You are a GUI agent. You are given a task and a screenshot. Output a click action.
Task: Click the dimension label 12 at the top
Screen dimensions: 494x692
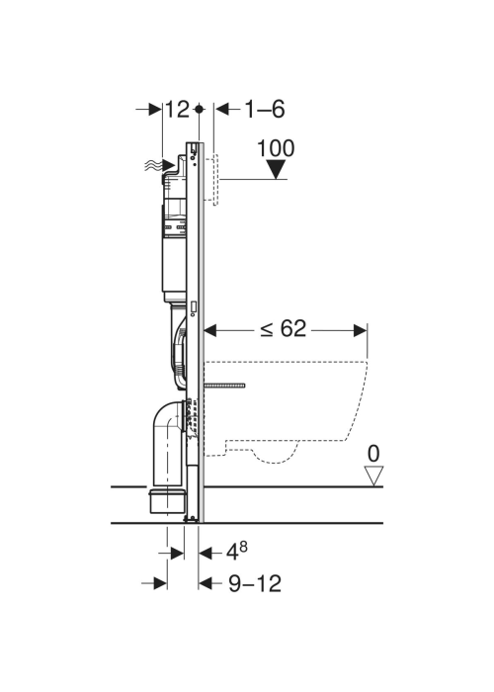[x=177, y=110]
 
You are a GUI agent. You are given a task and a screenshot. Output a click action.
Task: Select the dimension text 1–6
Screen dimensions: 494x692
[x=265, y=110]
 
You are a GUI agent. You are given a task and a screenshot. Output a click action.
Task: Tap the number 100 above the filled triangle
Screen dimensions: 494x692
[x=276, y=148]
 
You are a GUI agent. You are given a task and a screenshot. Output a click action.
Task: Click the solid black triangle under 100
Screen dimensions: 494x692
[x=276, y=169]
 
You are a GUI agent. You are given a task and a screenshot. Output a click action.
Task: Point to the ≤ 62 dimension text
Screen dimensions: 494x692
[x=283, y=329]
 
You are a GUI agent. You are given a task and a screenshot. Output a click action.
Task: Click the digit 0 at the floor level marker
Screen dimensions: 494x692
[x=373, y=454]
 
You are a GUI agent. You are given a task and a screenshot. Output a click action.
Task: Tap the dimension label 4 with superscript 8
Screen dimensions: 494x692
[x=237, y=551]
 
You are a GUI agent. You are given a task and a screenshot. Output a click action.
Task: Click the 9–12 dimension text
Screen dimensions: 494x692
[x=255, y=583]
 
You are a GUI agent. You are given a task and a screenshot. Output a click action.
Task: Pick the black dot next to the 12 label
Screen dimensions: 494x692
[x=200, y=109]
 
